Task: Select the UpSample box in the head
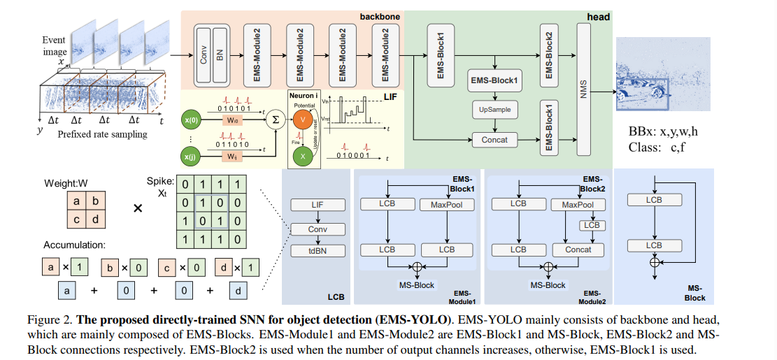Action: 494,110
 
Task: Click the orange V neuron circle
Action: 303,120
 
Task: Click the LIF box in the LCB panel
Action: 318,205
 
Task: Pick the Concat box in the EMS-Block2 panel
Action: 578,250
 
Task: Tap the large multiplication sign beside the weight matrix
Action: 138,208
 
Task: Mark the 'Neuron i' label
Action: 303,94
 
